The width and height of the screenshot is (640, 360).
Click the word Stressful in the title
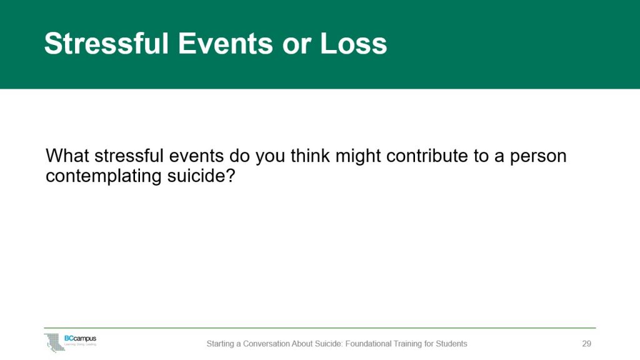click(106, 44)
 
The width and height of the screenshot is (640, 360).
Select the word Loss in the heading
click(354, 44)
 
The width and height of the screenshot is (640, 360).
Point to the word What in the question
click(68, 156)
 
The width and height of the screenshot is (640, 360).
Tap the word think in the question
click(307, 156)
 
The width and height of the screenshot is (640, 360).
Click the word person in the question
click(539, 156)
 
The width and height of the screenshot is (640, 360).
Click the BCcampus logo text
click(80, 338)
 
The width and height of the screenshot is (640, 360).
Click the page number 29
click(586, 344)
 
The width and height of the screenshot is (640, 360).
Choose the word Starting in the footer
click(221, 344)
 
